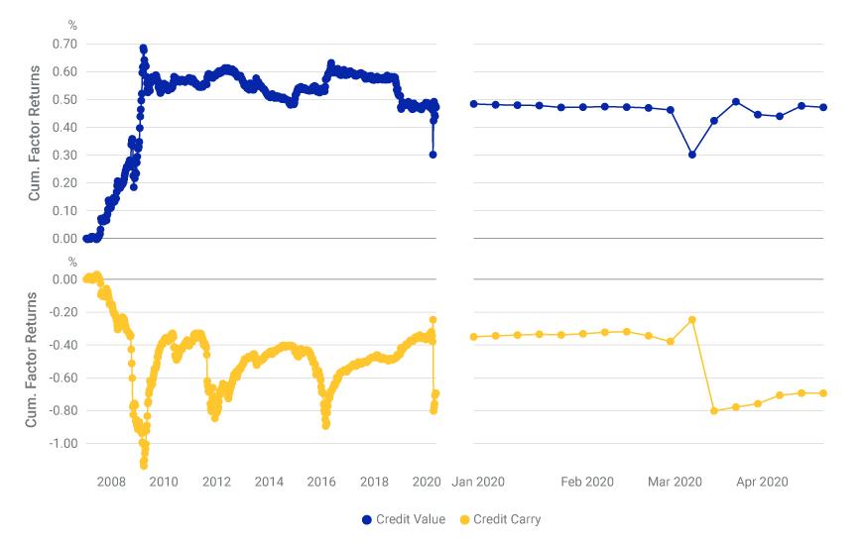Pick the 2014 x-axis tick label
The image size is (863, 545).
pyautogui.click(x=269, y=483)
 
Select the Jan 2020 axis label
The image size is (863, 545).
pyautogui.click(x=478, y=483)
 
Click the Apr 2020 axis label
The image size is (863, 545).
pyautogui.click(x=761, y=483)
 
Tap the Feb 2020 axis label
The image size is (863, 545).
pyautogui.click(x=586, y=483)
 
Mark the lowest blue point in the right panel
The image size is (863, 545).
pyautogui.click(x=691, y=155)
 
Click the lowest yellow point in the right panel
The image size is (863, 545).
pyautogui.click(x=714, y=410)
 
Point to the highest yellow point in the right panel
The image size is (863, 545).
pyautogui.click(x=691, y=320)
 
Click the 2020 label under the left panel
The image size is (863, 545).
pyautogui.click(x=427, y=483)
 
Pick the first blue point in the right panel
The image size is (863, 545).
pyautogui.click(x=474, y=104)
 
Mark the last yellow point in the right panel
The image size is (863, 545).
pyautogui.click(x=823, y=393)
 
